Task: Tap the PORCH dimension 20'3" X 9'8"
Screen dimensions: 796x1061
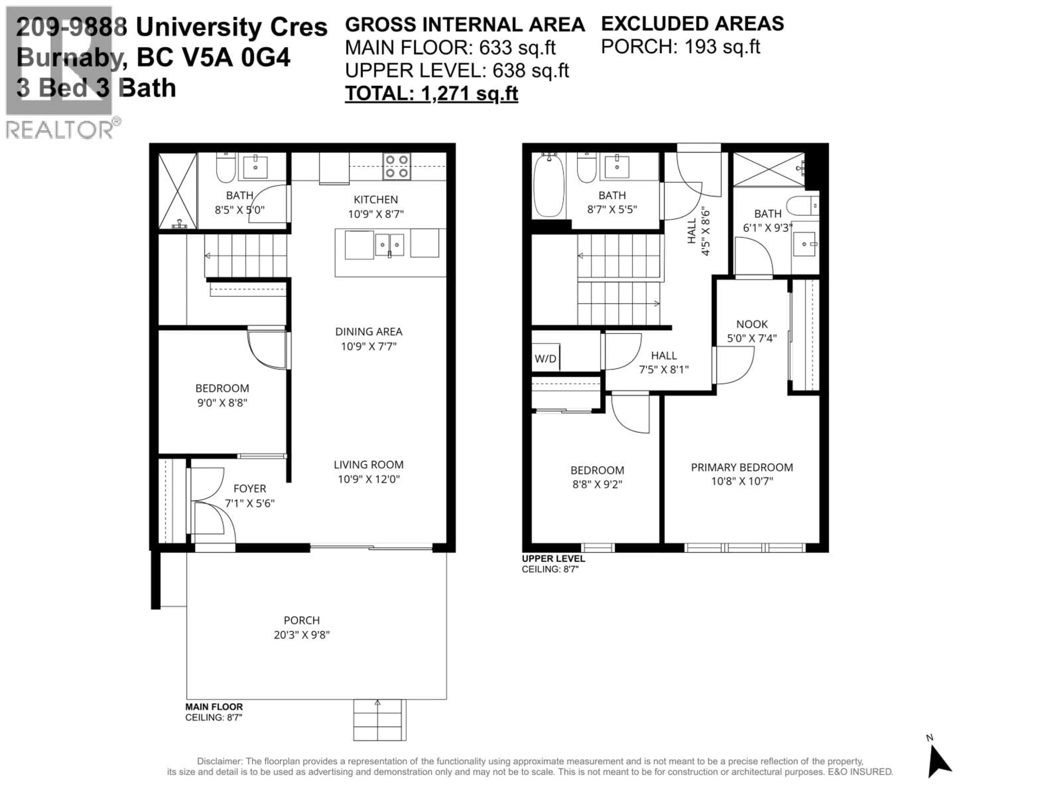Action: pyautogui.click(x=302, y=635)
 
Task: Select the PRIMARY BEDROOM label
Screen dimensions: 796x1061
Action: pyautogui.click(x=742, y=467)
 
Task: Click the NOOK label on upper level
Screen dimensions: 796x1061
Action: pyautogui.click(x=752, y=324)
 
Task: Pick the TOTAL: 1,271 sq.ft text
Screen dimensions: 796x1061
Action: pyautogui.click(x=431, y=93)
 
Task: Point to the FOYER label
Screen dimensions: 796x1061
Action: pyautogui.click(x=250, y=488)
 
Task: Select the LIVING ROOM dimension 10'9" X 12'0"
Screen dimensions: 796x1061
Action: pyautogui.click(x=368, y=479)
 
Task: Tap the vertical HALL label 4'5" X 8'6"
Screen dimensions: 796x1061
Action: pyautogui.click(x=698, y=231)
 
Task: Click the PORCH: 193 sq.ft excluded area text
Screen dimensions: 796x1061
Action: pyautogui.click(x=680, y=46)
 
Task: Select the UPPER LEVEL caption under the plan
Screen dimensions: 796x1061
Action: pyautogui.click(x=553, y=559)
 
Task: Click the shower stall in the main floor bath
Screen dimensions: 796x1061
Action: pyautogui.click(x=177, y=190)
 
